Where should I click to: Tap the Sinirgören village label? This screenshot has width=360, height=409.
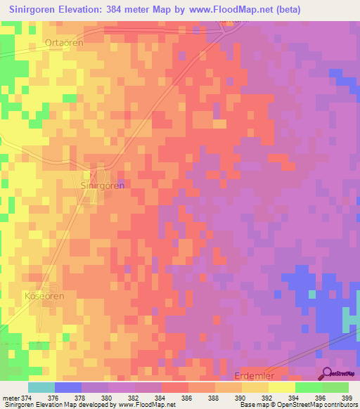(102, 186)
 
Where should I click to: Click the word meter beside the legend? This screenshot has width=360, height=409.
(10, 397)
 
